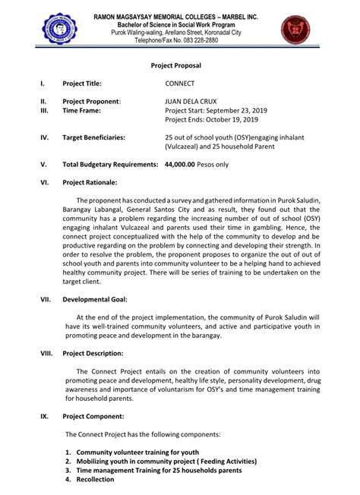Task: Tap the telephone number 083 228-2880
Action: point(194,40)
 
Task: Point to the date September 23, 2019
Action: point(234,110)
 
